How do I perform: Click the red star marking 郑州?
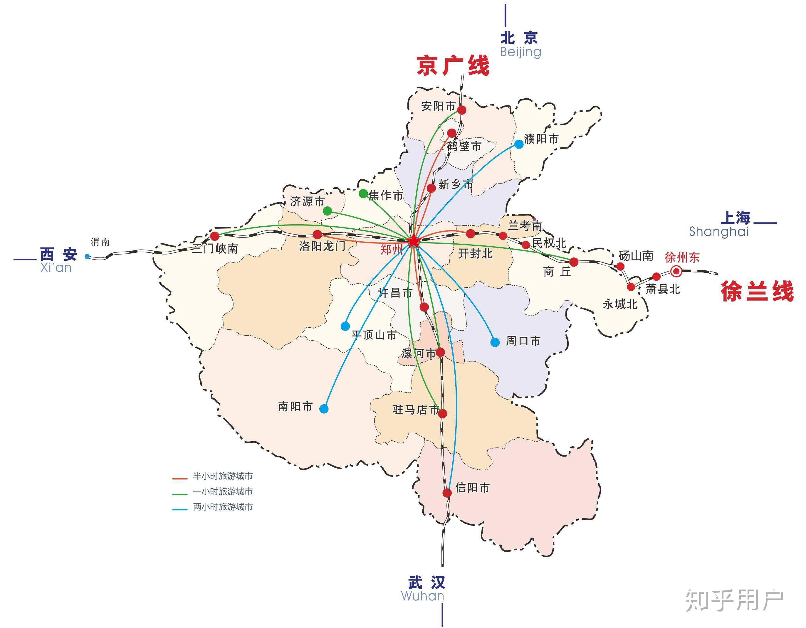coord(413,242)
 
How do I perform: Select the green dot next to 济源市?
coord(327,211)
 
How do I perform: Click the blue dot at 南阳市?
coord(324,409)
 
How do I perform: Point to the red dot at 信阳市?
coord(447,493)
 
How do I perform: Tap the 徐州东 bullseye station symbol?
coord(676,272)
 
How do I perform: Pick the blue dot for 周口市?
coord(495,342)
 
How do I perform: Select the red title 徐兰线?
coord(757,292)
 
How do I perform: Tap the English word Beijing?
coord(520,52)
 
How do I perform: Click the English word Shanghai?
coord(718,232)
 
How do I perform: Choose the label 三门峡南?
coord(215,249)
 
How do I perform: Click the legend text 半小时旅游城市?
coord(223,476)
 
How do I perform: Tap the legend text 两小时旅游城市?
coord(223,507)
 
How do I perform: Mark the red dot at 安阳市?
coord(462,110)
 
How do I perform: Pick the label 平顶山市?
coord(374,335)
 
